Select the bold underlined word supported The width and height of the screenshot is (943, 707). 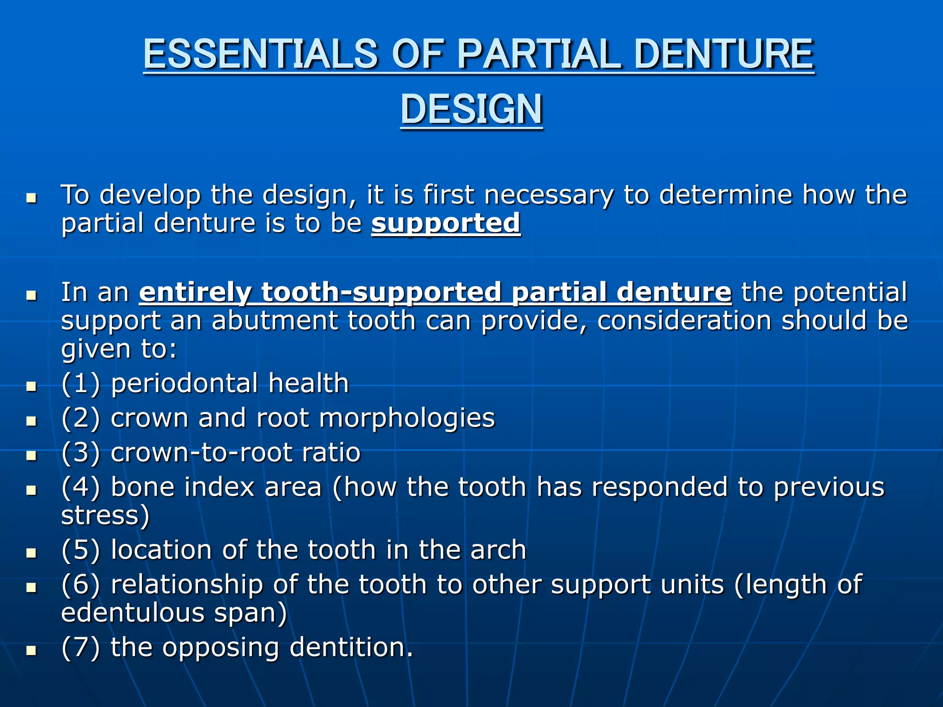[446, 224]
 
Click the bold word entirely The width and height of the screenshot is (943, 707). [195, 292]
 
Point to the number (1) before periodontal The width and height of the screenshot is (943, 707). [81, 383]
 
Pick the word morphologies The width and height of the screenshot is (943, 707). [407, 419]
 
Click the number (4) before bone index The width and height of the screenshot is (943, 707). [81, 487]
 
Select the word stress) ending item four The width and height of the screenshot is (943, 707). [105, 516]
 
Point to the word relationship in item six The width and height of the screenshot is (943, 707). [187, 585]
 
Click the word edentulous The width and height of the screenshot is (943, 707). [133, 613]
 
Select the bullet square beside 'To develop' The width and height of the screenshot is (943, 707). [31, 198]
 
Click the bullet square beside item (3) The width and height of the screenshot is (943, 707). [31, 456]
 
